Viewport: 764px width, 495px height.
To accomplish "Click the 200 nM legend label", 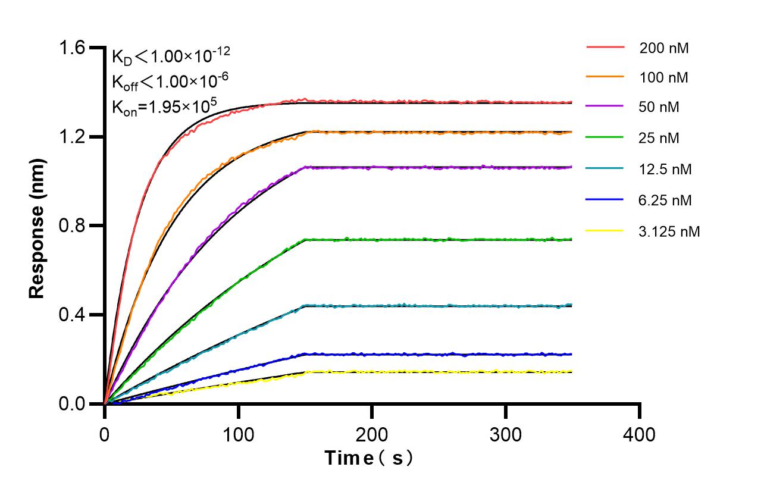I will (x=664, y=48).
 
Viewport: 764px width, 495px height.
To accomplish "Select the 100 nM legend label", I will (x=664, y=78).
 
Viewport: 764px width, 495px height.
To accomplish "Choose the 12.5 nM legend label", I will (x=665, y=170).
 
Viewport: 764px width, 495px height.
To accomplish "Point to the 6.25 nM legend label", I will (x=665, y=200).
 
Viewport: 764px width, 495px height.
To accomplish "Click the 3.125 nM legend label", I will (x=669, y=231).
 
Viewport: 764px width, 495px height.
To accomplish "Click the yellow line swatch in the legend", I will (x=605, y=230).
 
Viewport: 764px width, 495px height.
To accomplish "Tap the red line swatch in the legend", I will (x=605, y=47).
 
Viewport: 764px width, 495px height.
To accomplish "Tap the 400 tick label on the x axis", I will (x=640, y=434).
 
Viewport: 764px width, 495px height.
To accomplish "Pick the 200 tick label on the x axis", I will (x=372, y=434).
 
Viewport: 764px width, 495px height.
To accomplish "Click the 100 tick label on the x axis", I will (x=238, y=434).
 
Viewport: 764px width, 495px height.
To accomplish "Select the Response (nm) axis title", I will (x=37, y=226).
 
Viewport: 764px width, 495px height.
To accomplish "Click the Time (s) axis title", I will (x=369, y=458).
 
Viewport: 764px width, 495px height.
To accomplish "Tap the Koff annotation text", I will (x=170, y=81).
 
